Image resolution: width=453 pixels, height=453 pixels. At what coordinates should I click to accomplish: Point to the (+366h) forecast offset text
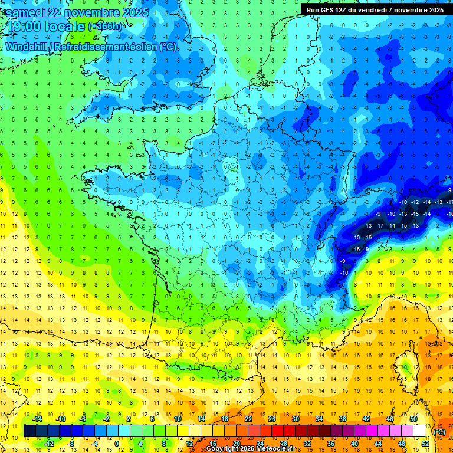tap(104, 27)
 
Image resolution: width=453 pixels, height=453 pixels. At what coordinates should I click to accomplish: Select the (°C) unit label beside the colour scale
tap(439, 432)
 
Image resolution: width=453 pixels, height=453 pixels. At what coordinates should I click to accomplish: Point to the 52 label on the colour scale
tap(425, 443)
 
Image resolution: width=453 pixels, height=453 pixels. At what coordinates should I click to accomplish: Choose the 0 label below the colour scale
tap(117, 443)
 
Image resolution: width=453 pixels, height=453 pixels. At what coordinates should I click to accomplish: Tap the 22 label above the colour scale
tap(248, 419)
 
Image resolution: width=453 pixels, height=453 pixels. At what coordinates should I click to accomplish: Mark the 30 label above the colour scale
tap(295, 419)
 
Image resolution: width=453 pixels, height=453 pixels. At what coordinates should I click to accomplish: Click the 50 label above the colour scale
tap(413, 419)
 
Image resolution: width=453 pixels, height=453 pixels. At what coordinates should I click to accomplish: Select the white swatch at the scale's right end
tap(419, 431)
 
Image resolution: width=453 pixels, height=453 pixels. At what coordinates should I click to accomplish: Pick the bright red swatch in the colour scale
tap(277, 431)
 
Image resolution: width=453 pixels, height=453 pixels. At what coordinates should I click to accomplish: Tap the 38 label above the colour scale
tap(342, 419)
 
